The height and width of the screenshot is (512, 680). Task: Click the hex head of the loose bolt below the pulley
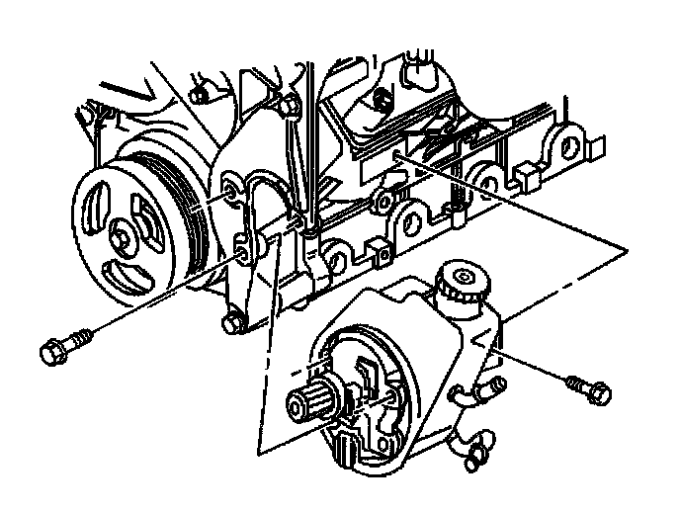coord(51,350)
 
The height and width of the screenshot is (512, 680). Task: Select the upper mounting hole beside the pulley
coord(231,189)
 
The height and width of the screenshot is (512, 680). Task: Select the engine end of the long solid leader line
coord(395,153)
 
